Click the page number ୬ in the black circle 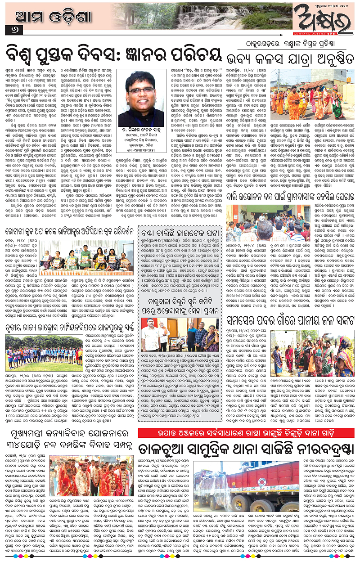pyautogui.click(x=9, y=30)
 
